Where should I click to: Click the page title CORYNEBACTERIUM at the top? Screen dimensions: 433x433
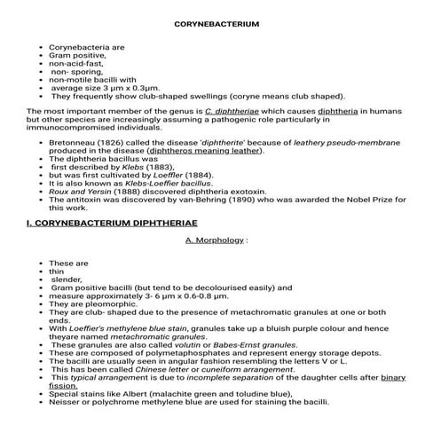tap(216, 24)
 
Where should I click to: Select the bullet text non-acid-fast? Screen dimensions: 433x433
tap(76, 64)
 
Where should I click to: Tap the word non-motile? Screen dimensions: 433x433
tap(71, 80)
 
